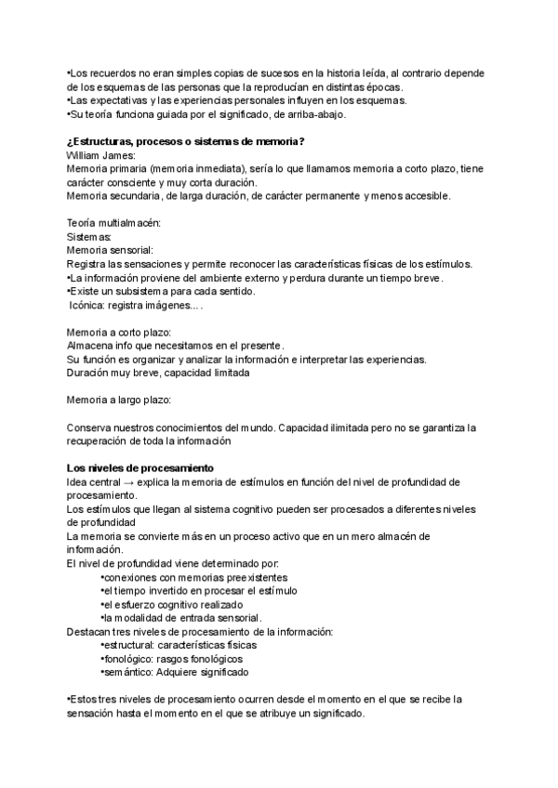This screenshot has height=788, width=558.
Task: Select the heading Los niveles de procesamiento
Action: pos(140,467)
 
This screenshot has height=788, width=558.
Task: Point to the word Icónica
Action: pos(90,305)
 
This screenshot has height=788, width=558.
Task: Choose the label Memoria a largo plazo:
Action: pos(119,400)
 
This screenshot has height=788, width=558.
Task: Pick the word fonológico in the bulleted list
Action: pos(128,659)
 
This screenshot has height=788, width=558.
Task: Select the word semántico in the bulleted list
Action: pos(127,672)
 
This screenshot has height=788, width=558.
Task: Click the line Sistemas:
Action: pos(90,238)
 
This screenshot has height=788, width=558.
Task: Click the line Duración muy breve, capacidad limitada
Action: pos(159,373)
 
